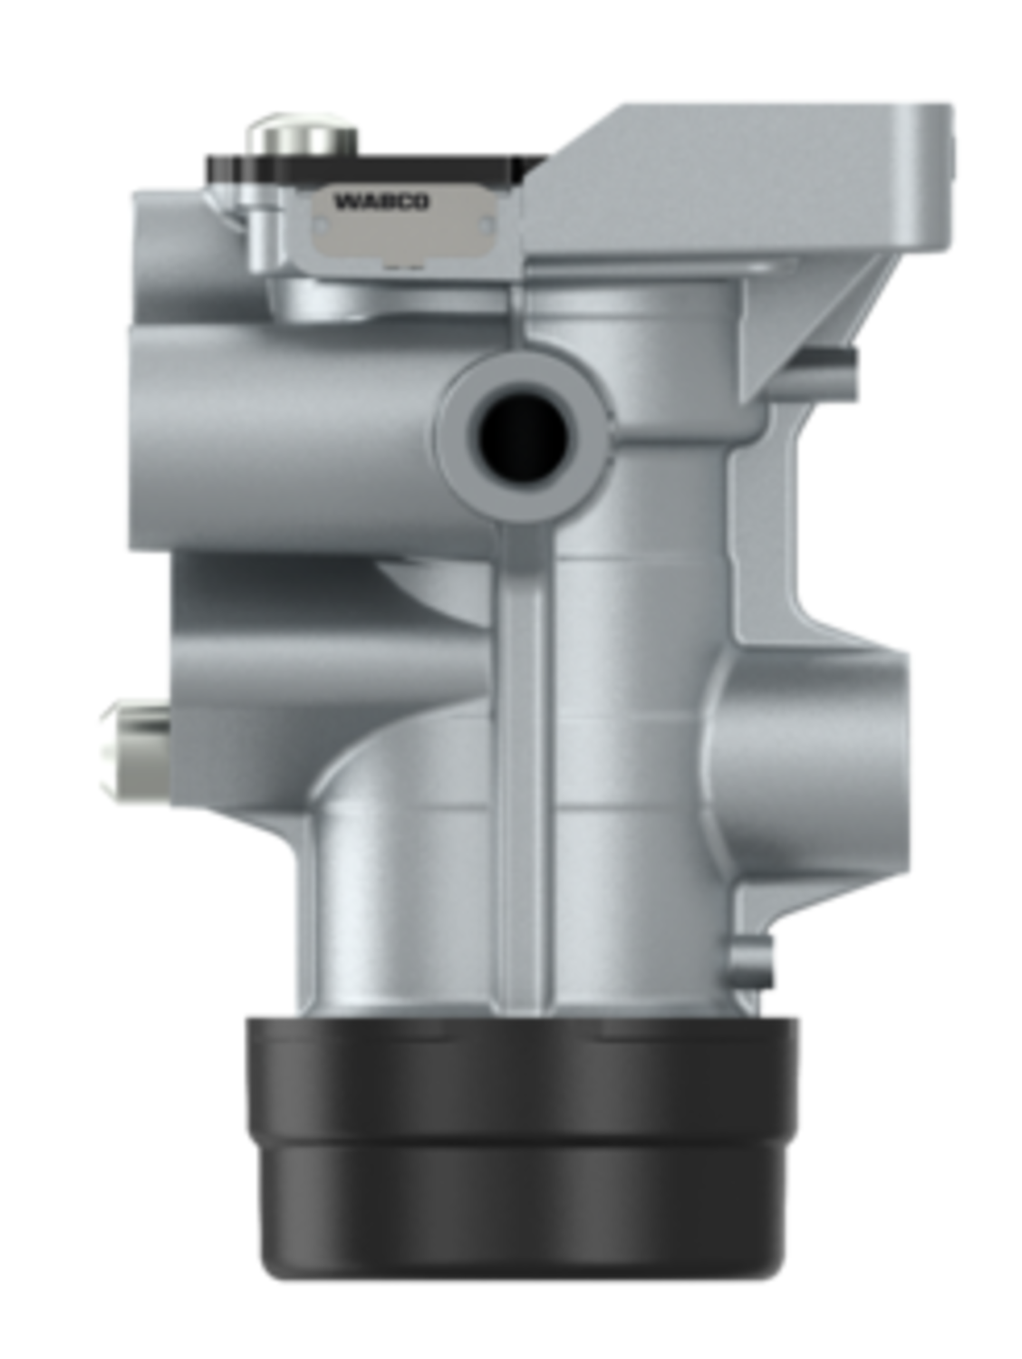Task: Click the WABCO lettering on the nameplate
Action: [381, 202]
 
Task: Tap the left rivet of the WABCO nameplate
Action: [321, 226]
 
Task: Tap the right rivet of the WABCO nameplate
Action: [487, 226]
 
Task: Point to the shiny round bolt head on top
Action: [303, 135]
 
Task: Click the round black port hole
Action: [523, 436]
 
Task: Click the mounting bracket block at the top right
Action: [737, 179]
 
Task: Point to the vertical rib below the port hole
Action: [523, 767]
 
